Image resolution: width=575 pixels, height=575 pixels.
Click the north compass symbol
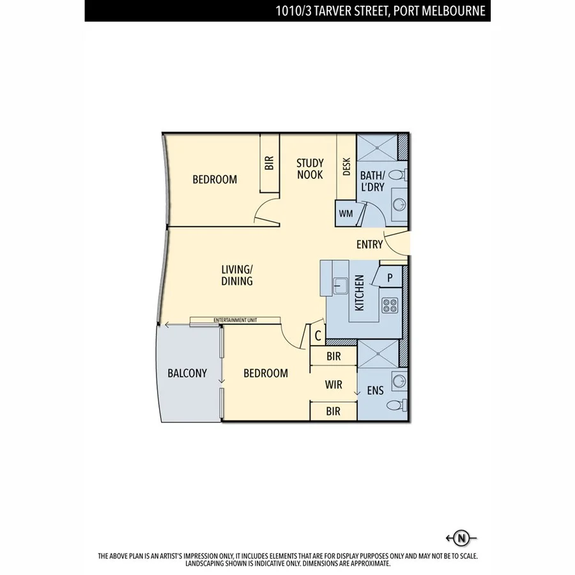coord(462,537)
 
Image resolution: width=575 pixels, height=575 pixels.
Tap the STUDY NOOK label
coord(310,169)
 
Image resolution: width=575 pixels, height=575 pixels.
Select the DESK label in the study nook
coord(347,167)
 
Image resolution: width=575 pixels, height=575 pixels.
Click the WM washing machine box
coord(346,213)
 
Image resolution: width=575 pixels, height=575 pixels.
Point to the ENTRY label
coord(369,244)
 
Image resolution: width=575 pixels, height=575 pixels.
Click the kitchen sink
coord(339,284)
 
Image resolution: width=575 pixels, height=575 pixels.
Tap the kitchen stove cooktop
coord(390,305)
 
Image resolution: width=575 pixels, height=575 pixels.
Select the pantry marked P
coord(390,277)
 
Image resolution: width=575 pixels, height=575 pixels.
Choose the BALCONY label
coord(187,373)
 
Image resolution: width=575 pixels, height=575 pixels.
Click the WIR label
coord(333,385)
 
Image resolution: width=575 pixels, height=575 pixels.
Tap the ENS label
coord(375,390)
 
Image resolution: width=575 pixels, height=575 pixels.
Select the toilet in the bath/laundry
coord(397,174)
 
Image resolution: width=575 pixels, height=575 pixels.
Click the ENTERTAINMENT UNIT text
coord(234,319)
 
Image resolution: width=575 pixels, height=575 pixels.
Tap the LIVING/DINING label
coord(237,275)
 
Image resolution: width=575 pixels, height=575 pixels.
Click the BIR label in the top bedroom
coord(269,164)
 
